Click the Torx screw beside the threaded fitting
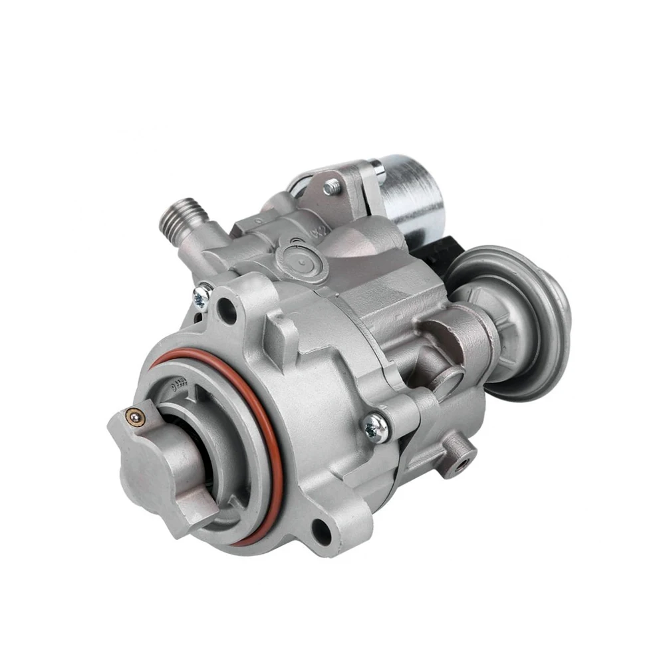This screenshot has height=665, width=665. (x=201, y=292)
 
